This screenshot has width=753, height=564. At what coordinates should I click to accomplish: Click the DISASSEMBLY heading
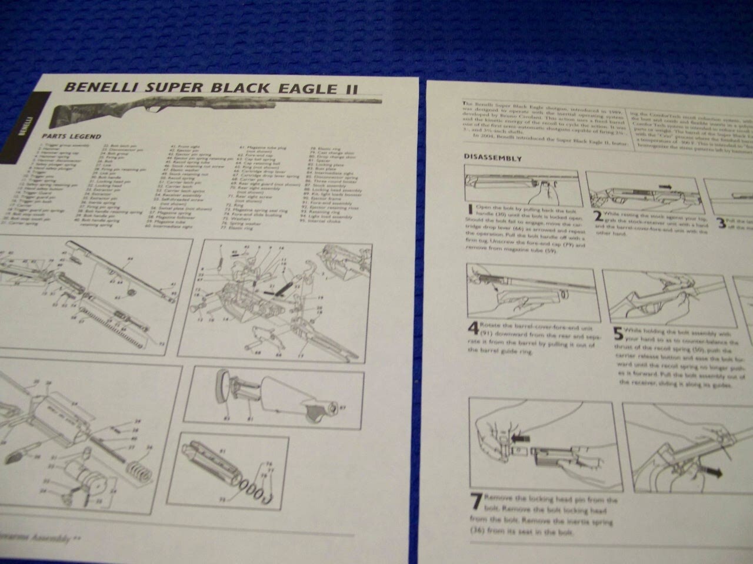tap(492, 157)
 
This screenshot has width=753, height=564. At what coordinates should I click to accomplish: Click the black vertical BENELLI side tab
tap(28, 123)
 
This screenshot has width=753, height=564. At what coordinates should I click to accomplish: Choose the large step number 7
tap(477, 505)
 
